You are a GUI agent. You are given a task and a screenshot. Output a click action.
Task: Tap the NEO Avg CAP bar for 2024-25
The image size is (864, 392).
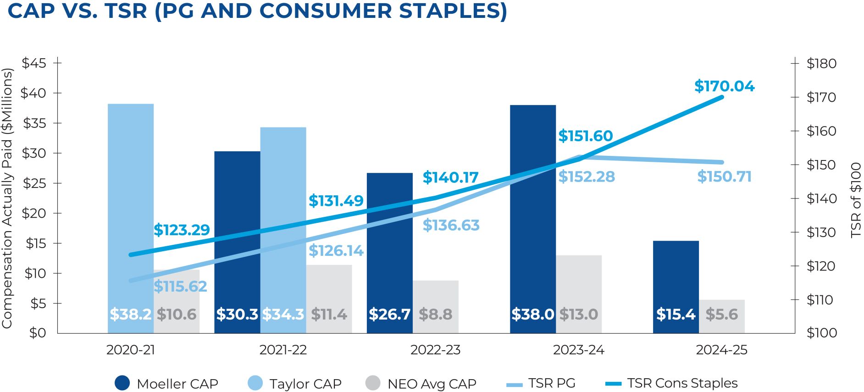click(721, 316)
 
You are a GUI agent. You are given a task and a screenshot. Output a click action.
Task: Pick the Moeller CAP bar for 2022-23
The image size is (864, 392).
click(389, 238)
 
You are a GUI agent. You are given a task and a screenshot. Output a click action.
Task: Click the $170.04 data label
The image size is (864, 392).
click(724, 86)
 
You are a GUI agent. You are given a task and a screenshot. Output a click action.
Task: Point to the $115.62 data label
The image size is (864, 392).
click(180, 287)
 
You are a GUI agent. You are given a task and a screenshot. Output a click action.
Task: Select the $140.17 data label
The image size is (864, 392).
click(450, 177)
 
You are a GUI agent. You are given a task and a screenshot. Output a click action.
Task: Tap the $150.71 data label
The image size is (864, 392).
click(724, 177)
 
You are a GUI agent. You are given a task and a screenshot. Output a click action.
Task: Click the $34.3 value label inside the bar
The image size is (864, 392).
click(283, 314)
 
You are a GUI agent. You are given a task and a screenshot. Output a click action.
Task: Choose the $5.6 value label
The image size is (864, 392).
click(721, 314)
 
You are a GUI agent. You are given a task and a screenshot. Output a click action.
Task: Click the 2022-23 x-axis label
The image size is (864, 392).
click(435, 350)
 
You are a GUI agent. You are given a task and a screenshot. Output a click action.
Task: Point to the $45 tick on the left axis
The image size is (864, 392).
click(34, 63)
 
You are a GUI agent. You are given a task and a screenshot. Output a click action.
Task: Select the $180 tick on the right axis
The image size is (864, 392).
click(821, 63)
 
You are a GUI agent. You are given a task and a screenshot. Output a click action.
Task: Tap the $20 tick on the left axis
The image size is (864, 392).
click(34, 213)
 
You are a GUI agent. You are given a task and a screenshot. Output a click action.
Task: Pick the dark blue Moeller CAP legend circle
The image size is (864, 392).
click(122, 383)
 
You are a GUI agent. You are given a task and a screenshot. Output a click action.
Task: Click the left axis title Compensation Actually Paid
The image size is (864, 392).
click(7, 198)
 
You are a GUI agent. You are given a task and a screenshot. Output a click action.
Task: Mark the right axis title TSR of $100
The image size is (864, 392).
click(856, 200)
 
